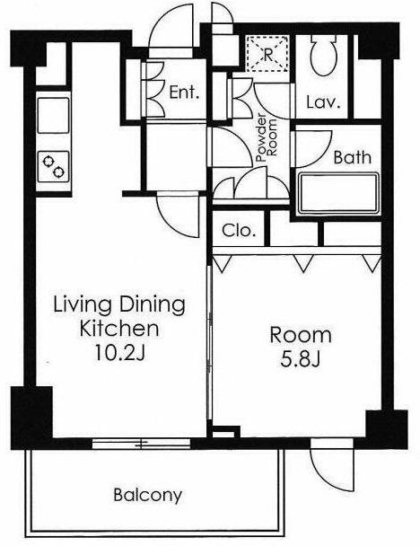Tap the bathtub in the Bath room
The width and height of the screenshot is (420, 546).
click(338, 193)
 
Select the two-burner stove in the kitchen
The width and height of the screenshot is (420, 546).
click(53, 166)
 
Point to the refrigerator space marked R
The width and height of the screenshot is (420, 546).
click(267, 54)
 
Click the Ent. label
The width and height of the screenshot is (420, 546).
click(184, 92)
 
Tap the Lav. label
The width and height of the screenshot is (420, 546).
click(323, 102)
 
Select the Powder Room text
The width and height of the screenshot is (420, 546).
click(267, 138)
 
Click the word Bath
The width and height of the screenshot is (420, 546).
click(352, 157)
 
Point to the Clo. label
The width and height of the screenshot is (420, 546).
click(239, 230)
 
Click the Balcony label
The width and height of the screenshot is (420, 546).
click(147, 495)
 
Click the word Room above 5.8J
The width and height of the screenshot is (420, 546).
click(301, 335)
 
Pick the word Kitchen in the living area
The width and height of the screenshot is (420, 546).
click(119, 329)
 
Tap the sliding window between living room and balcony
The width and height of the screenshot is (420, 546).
click(141, 444)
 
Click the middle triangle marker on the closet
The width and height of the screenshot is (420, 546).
click(303, 263)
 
